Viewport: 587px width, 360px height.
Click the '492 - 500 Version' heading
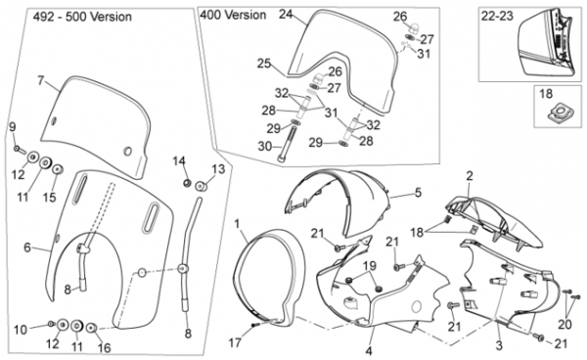(82, 17)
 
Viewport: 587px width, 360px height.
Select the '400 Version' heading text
(233, 15)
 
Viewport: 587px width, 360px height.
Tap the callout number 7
(41, 80)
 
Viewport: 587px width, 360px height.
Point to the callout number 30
(265, 146)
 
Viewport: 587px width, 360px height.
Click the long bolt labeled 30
(287, 144)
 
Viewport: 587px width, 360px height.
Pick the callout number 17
(235, 342)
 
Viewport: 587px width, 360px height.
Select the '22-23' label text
(497, 16)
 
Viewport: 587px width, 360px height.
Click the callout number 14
(179, 161)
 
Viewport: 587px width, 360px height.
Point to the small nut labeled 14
(187, 183)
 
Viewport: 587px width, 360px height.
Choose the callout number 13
(218, 169)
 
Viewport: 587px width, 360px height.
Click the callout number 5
(418, 193)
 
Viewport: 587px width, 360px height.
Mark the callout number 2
(469, 175)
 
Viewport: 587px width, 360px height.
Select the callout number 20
(564, 325)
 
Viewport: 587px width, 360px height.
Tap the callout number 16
(105, 347)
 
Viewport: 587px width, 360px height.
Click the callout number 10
(21, 330)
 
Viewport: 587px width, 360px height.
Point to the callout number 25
(263, 64)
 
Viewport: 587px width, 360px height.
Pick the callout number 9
(13, 127)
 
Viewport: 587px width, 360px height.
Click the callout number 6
(27, 247)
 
